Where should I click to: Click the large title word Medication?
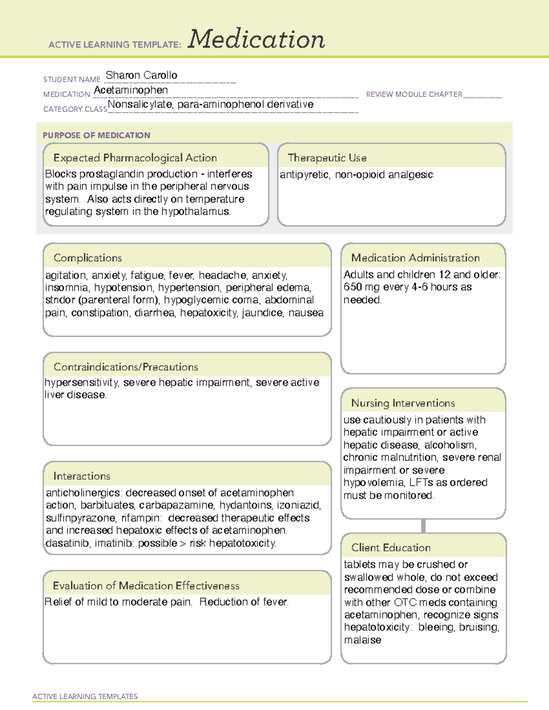(256, 39)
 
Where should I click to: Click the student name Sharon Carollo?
(141, 75)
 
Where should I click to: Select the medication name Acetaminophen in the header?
(131, 90)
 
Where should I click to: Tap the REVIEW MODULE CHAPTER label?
(414, 94)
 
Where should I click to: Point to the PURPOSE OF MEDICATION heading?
(96, 135)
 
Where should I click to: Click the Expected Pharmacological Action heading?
(135, 158)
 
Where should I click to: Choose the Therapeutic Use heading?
(327, 158)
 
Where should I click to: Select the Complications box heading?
(87, 258)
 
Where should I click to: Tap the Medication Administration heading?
(415, 258)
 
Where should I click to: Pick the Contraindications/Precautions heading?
(125, 367)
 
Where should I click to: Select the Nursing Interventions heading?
(403, 403)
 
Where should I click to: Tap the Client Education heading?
(391, 547)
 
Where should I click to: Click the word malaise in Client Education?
(362, 640)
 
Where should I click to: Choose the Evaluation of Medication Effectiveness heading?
(146, 586)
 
